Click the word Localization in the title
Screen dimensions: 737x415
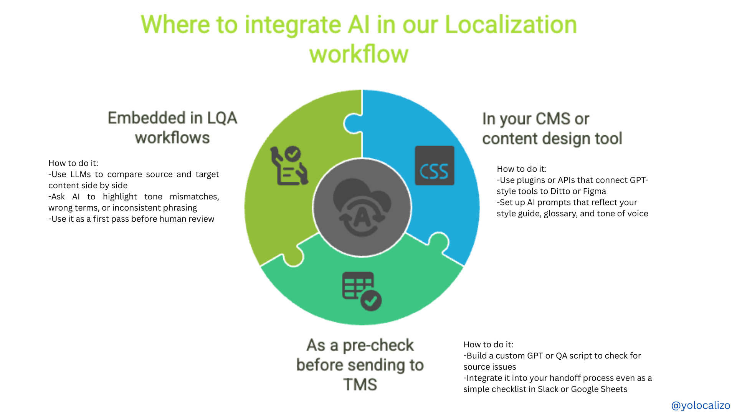click(511, 25)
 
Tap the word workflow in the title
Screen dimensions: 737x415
click(359, 54)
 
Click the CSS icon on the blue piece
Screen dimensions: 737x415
click(435, 166)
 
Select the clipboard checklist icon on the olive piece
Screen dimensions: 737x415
click(289, 166)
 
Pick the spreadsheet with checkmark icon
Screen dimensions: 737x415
click(362, 291)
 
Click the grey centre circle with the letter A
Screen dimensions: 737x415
click(362, 207)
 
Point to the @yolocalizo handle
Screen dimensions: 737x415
click(701, 405)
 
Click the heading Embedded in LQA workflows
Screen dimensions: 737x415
click(172, 128)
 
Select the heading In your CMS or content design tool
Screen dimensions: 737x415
click(552, 129)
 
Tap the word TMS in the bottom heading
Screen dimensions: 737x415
click(360, 385)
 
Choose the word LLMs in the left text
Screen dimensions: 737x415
click(81, 174)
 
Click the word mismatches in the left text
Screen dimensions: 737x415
click(195, 197)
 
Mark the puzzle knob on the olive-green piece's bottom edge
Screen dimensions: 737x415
click(293, 258)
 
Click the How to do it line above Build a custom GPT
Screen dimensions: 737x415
click(488, 345)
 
